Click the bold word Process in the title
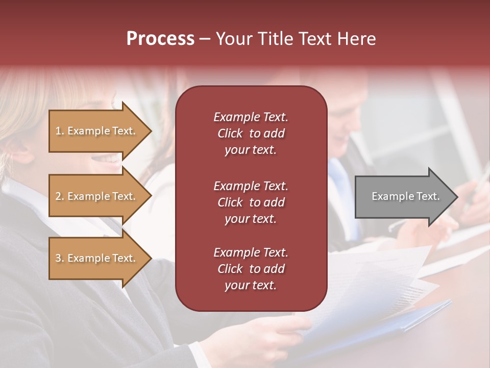click(160, 39)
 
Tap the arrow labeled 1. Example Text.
click(96, 131)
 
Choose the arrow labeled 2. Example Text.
click(96, 196)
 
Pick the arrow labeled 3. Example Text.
click(96, 258)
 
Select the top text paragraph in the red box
click(251, 133)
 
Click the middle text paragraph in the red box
click(251, 202)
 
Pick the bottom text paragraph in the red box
click(251, 269)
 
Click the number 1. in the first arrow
click(60, 131)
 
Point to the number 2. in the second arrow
click(60, 196)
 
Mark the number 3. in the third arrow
click(60, 258)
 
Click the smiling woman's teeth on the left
click(109, 158)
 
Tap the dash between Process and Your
click(205, 39)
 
